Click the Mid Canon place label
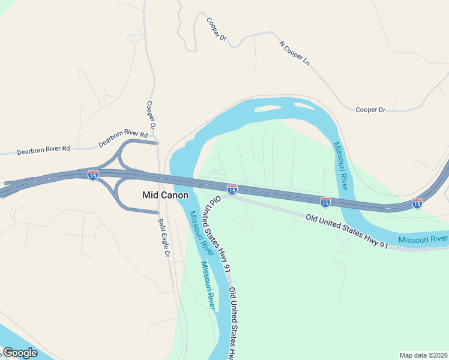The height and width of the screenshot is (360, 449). [x=165, y=195]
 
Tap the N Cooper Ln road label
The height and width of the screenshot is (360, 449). [x=295, y=53]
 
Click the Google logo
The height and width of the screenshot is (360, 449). [x=19, y=353]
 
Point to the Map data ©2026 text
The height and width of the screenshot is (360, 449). [x=423, y=355]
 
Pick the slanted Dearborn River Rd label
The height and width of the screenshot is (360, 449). [x=123, y=138]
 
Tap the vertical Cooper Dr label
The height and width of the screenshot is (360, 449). [x=151, y=115]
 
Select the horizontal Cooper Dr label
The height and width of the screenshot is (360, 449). [x=370, y=110]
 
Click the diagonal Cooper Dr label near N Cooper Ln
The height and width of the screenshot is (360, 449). [x=215, y=28]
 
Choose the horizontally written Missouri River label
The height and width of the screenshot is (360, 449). [x=423, y=239]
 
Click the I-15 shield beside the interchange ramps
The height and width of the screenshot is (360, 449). [x=92, y=175]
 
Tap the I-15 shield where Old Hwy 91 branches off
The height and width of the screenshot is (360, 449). [x=232, y=190]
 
